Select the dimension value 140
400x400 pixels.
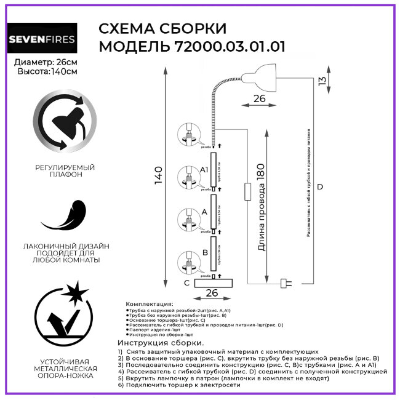pos(159,177)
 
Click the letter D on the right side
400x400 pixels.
pos(319,186)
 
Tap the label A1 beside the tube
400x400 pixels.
pos(205,169)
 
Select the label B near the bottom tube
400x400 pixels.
pos(204,252)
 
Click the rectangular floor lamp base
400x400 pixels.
pos(214,283)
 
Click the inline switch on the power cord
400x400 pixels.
pos(247,191)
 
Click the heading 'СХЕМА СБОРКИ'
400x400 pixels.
pos(162,29)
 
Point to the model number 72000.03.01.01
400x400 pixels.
pos(228,47)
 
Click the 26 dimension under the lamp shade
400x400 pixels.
pos(260,98)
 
